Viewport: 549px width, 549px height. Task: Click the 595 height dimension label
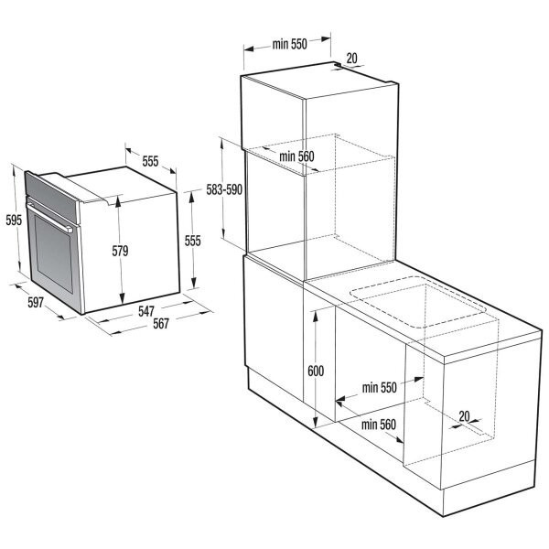14,220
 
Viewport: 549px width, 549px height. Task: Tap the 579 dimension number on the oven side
120,251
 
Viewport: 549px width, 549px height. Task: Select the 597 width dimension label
36,302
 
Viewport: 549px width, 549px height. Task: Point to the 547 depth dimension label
146,311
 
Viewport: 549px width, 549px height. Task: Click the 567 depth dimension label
161,324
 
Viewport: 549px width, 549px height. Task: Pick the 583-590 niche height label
224,189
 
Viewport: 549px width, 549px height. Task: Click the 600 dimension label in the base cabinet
316,371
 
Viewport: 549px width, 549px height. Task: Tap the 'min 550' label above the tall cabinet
289,44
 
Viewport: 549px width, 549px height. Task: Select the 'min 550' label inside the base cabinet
379,388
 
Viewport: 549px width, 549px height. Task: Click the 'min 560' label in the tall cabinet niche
296,156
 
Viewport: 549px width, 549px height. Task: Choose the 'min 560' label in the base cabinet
379,425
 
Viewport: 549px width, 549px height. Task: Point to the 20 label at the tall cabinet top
351,59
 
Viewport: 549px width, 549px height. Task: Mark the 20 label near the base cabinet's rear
464,416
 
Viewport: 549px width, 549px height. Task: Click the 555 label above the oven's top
150,161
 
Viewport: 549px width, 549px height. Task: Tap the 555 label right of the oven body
192,241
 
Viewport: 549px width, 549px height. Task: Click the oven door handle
49,217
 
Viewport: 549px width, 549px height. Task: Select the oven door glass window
54,253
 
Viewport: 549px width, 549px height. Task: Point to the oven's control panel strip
51,197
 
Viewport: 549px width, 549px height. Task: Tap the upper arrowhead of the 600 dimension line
315,316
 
